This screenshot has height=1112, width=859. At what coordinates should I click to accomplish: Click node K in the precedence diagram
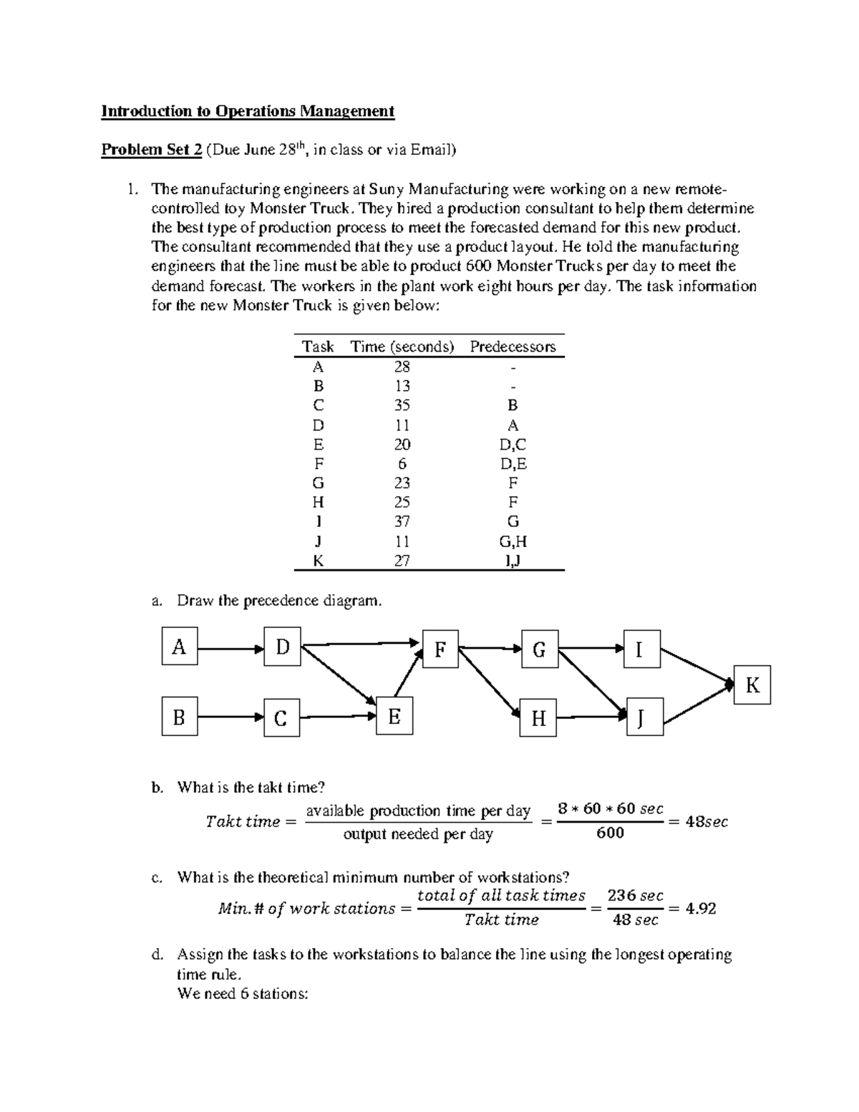tap(752, 685)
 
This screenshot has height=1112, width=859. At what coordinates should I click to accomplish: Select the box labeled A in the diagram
tap(179, 647)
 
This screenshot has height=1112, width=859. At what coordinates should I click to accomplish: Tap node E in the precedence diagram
tap(394, 716)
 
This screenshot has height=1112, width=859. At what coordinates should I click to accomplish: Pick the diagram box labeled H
tap(538, 718)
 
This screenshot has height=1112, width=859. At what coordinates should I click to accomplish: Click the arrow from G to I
tap(591, 648)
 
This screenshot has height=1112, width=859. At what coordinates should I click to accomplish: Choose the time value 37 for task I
tap(402, 522)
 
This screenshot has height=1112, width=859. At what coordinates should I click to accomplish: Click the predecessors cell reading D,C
tap(513, 445)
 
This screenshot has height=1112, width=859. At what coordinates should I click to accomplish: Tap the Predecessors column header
tap(513, 347)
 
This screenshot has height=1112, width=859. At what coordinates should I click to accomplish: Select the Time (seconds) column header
tap(402, 347)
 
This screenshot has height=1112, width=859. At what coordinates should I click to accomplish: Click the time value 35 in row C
tap(402, 405)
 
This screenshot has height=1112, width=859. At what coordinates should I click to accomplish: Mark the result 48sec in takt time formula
tap(706, 822)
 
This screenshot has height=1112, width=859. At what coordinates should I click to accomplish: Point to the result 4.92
tap(700, 908)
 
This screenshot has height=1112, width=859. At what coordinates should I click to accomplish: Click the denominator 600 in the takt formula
tap(610, 833)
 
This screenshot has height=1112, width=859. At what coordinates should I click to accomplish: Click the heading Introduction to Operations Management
tap(248, 111)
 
